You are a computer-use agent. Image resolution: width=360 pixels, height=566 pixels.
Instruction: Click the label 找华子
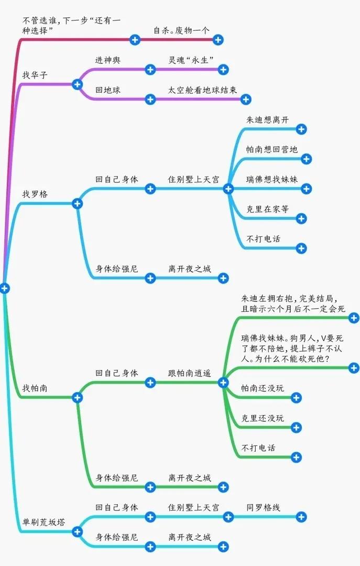(x=35, y=75)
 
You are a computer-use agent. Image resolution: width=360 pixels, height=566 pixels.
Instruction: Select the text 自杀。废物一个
(x=181, y=30)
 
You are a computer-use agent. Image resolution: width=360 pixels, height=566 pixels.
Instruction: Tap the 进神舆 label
(x=107, y=60)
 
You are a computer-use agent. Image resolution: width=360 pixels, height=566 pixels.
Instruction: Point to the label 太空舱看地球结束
(x=202, y=90)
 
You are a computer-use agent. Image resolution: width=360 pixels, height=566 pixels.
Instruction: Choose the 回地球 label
(x=107, y=90)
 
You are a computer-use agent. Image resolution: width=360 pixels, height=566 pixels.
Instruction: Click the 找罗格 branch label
(x=35, y=194)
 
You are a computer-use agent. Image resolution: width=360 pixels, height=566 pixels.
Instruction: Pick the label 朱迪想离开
(x=267, y=120)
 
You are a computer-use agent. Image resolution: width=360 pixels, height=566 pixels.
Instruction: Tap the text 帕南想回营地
(x=271, y=149)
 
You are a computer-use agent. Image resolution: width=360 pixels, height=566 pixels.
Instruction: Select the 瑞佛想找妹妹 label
(x=271, y=179)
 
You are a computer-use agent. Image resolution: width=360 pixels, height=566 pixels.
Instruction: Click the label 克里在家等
(x=267, y=209)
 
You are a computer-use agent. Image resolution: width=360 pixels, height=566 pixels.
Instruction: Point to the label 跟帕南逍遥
(x=189, y=373)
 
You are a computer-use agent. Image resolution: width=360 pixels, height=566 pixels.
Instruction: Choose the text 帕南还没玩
(x=263, y=388)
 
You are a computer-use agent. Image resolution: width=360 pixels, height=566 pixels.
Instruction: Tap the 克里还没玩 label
(x=263, y=418)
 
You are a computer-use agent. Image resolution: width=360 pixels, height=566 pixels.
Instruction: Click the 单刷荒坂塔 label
(x=43, y=523)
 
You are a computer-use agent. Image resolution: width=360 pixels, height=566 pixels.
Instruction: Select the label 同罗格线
(x=263, y=507)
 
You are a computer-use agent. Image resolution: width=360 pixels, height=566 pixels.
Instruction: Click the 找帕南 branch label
(x=35, y=388)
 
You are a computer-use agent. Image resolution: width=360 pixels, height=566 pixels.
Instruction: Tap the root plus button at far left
(x=4, y=288)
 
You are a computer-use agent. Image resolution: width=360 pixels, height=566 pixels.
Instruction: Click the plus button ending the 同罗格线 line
(x=301, y=517)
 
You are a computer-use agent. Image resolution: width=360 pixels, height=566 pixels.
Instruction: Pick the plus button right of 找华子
(x=77, y=84)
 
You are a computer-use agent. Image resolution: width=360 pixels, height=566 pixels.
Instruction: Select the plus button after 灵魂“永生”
(x=223, y=70)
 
